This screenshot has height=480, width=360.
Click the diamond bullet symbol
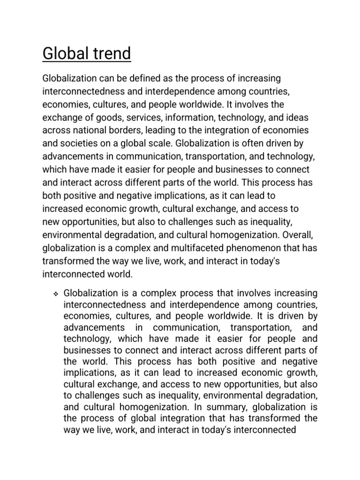[x=54, y=294]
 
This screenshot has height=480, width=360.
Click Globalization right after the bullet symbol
[x=90, y=293]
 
